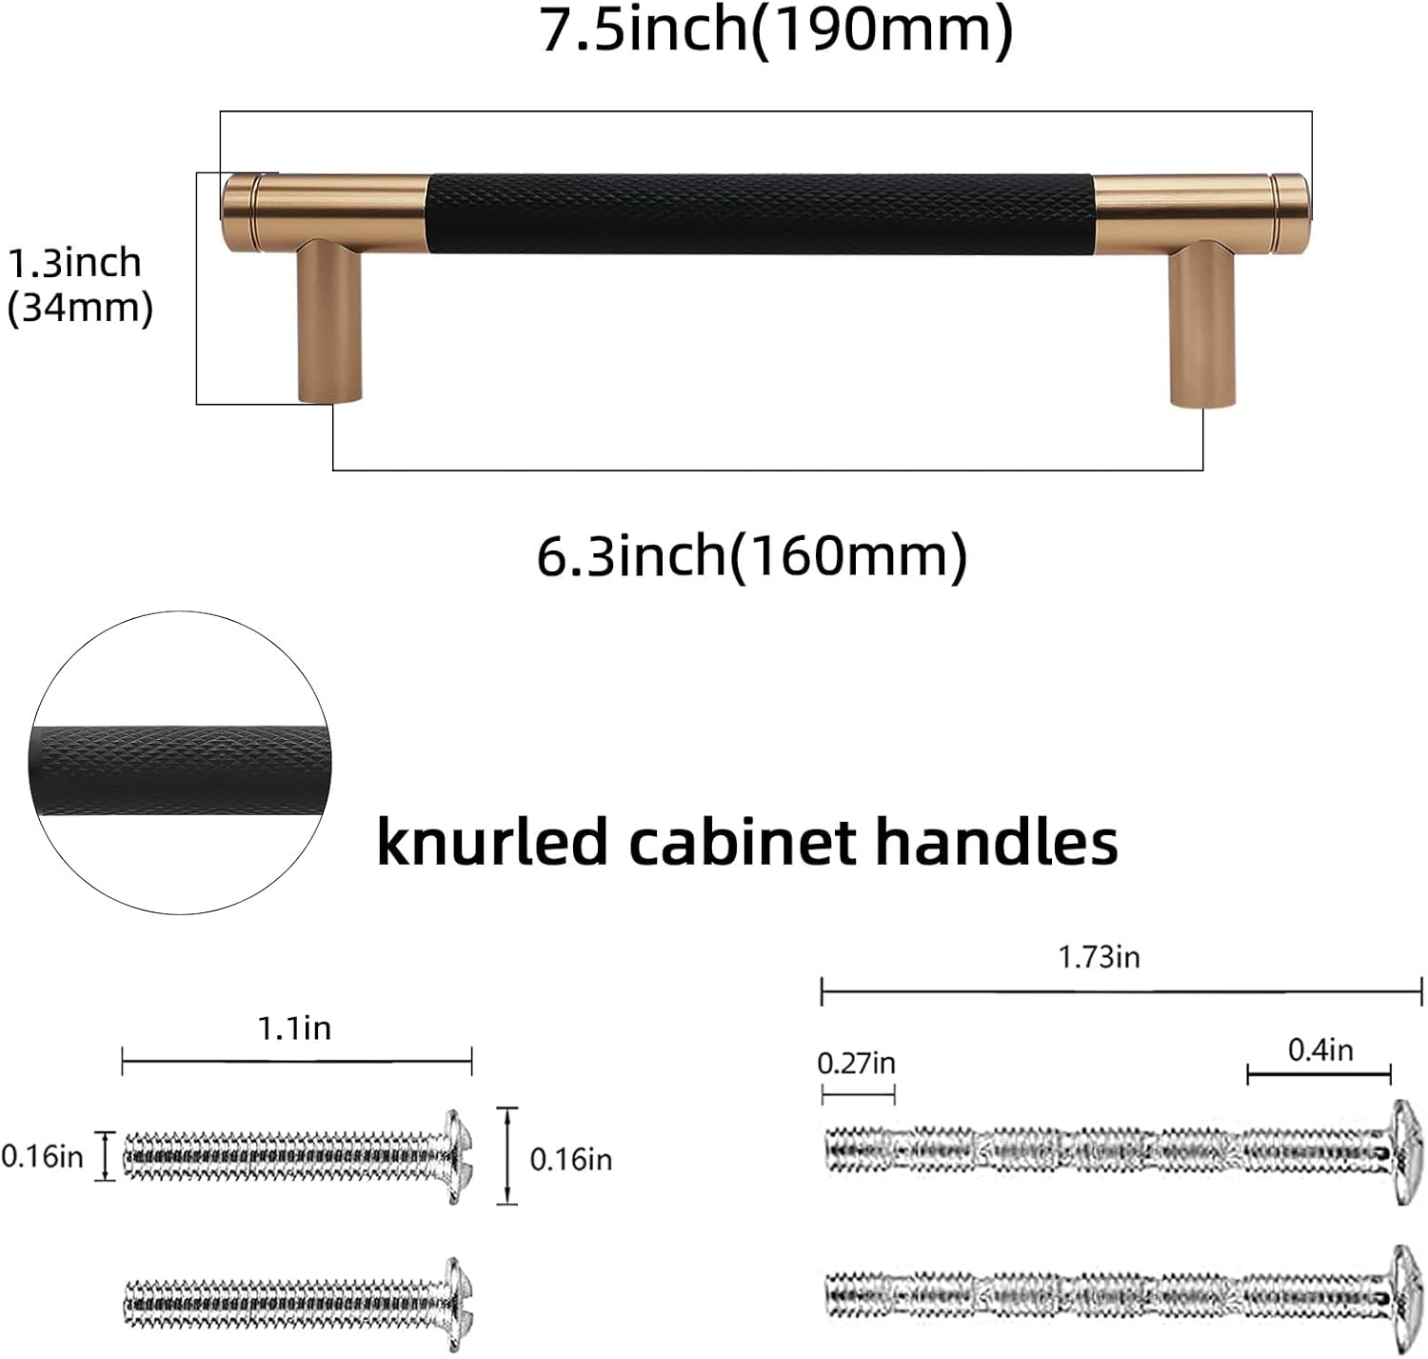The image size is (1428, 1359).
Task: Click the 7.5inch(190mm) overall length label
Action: click(776, 30)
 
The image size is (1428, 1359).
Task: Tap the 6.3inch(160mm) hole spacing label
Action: click(752, 555)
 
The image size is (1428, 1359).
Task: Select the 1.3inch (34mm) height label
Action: click(78, 285)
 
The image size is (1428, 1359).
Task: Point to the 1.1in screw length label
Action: click(294, 1029)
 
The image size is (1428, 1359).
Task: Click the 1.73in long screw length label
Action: click(1099, 956)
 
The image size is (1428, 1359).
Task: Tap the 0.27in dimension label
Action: click(857, 1063)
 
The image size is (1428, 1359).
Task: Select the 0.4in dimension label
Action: click(1320, 1049)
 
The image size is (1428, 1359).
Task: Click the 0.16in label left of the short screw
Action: click(43, 1156)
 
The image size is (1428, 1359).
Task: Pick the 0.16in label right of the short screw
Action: click(570, 1159)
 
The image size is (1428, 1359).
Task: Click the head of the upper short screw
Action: click(458, 1156)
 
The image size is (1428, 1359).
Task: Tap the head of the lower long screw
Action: click(1405, 1294)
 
